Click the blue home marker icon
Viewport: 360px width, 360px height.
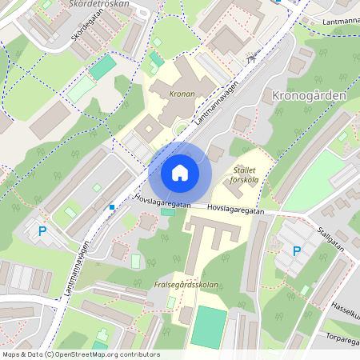coord(179,172)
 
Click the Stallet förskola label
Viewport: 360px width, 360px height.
coord(243,175)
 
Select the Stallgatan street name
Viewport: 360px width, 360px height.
coord(330,240)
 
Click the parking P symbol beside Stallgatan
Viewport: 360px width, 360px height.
coord(296,251)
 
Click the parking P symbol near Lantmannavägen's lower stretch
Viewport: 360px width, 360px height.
coord(42,232)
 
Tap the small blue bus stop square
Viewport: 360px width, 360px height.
coord(112,207)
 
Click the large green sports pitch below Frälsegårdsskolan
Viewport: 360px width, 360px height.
coord(208,327)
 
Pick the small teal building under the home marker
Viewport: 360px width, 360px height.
coord(168,212)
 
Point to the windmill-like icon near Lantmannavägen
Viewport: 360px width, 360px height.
coord(254,58)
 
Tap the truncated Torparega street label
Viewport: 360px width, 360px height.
coord(342,336)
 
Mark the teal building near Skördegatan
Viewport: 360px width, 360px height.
coord(102,68)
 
